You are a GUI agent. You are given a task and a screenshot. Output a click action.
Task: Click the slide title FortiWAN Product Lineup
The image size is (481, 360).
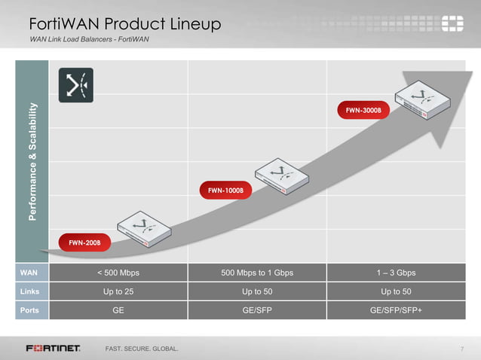tap(124, 24)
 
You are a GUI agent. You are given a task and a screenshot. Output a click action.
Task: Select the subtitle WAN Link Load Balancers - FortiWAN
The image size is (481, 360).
tap(89, 39)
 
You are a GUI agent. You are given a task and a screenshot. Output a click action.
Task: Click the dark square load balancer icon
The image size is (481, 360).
tap(76, 85)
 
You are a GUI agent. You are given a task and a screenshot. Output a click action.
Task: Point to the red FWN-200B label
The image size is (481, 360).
tap(84, 243)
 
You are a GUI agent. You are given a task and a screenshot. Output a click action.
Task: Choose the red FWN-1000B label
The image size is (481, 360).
tap(225, 191)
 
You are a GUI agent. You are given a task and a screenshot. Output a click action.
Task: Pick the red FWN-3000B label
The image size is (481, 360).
tap(368, 110)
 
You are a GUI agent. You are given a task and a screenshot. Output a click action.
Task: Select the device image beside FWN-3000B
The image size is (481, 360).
tap(423, 102)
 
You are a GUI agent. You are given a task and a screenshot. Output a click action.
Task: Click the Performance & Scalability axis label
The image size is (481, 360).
tap(32, 160)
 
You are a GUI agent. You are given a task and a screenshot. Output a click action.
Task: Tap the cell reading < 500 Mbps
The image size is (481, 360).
tap(118, 272)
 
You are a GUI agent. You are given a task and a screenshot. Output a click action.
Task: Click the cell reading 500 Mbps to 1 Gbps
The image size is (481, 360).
tap(257, 272)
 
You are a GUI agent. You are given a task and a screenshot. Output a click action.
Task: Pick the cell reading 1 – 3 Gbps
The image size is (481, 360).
tap(396, 272)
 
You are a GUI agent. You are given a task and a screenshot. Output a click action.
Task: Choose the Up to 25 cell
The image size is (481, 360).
tap(118, 291)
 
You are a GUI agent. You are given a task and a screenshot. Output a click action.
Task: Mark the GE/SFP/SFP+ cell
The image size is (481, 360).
tap(396, 310)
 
